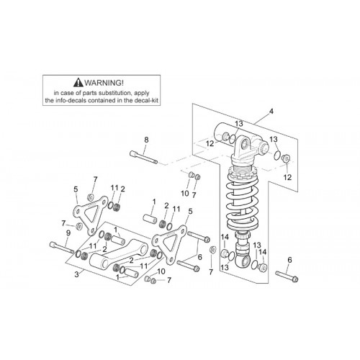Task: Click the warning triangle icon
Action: pos(78,83)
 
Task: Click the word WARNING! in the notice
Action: pos(104,83)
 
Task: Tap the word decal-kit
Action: pos(146,100)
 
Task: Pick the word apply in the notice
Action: pos(142,93)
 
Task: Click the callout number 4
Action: pos(271,112)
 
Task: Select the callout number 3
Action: pos(76,274)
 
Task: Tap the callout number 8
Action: pos(146,140)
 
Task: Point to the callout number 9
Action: pos(68,233)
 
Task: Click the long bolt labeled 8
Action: pos(143,157)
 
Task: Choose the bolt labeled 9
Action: pos(62,248)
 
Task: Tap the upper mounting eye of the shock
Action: pos(244,145)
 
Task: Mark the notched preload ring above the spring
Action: pos(243,171)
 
